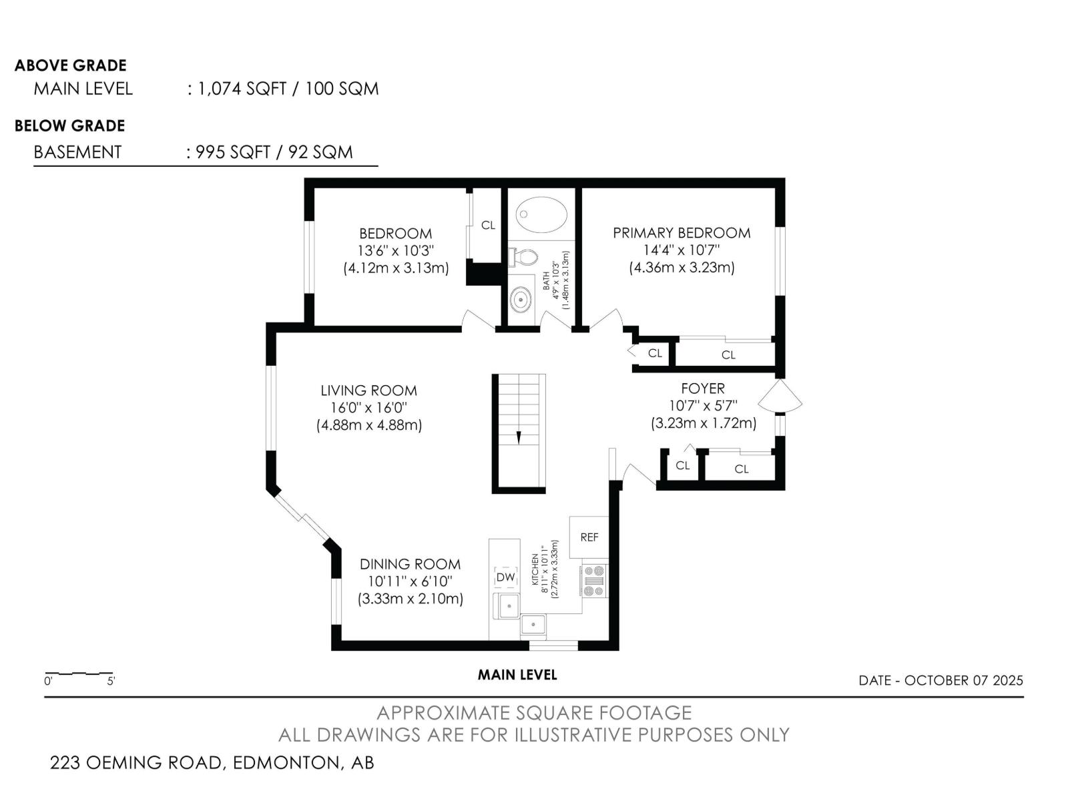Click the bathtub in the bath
pos(541,214)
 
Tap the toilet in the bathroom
pos(523,257)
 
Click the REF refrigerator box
pos(589,537)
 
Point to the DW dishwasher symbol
pos(505,577)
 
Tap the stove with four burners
pos(595,580)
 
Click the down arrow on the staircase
pos(519,437)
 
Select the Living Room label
pos(368,390)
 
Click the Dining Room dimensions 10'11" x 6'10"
pos(410,581)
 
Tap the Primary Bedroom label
pos(682,233)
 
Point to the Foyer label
pos(703,388)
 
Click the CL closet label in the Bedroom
pos(487,225)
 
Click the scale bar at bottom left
pos(78,674)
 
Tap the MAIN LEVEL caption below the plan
pos(517,675)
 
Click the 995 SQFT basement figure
pos(232,152)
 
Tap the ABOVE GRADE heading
pos(71,65)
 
